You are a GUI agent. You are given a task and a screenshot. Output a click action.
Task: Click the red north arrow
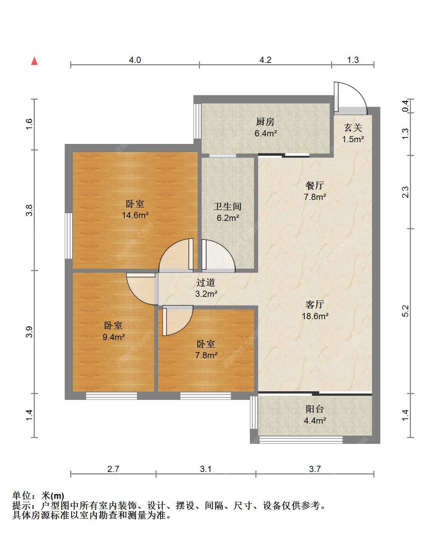34,61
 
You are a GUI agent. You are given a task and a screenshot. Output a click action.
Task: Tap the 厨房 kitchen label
265,122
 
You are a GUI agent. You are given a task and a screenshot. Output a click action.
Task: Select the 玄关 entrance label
353,128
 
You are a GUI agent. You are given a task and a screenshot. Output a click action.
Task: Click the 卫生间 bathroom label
227,206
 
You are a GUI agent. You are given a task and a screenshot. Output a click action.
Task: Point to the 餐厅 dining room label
315,186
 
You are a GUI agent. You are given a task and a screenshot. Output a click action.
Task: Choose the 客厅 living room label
315,305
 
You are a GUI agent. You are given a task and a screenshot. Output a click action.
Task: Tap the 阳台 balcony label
315,409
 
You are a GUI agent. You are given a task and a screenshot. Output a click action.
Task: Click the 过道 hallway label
206,282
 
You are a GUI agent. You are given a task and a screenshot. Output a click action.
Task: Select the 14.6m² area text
135,215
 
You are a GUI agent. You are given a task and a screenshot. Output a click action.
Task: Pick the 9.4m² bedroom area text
114,337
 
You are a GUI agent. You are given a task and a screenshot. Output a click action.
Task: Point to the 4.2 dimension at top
265,60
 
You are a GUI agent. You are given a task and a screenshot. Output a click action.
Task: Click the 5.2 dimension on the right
405,311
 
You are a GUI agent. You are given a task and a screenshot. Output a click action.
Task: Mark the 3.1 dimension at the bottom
206,469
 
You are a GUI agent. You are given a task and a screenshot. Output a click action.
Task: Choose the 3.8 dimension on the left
29,210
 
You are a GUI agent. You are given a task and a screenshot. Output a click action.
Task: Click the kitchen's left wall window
198,121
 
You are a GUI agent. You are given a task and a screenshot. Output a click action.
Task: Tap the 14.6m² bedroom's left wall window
68,236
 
